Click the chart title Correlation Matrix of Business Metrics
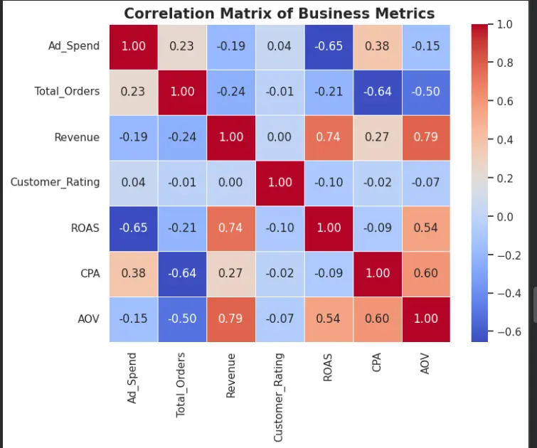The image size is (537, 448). pos(279,14)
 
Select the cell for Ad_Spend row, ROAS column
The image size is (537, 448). pos(329,47)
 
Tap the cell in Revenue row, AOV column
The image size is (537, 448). pos(426,138)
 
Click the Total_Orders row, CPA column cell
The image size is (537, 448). pos(378,92)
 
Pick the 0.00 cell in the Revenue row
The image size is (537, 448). pos(280,138)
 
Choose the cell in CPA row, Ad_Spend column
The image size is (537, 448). pos(134,274)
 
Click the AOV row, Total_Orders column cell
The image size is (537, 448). pos(182,319)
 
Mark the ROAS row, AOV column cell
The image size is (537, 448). pos(426,228)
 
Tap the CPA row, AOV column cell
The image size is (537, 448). pos(426,274)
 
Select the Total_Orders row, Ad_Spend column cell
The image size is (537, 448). pos(134,92)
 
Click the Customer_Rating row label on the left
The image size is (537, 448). pos(55,182)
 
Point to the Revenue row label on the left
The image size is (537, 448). pos(77,137)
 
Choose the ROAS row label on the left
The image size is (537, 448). pos(85,228)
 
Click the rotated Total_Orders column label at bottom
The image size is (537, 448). pos(181,385)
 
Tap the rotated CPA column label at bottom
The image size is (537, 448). pos(376,363)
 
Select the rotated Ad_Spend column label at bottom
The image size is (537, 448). pos(132,378)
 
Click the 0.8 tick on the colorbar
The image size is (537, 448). pos(505,63)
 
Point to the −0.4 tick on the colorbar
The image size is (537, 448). pos(509,294)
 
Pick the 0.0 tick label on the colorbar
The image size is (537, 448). pos(505,217)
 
